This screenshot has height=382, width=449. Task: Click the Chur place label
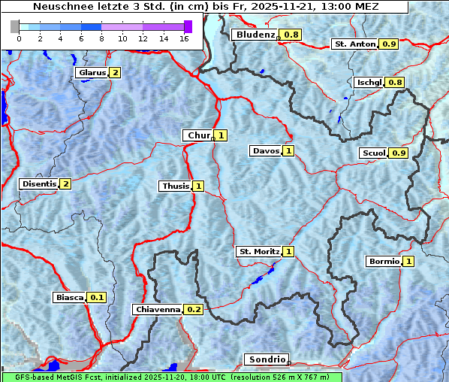(x=198, y=135)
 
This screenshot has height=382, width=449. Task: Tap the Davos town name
(x=266, y=151)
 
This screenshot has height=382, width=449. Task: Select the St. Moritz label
(x=258, y=251)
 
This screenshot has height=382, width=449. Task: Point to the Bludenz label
(x=255, y=35)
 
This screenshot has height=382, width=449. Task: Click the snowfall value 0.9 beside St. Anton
(x=389, y=44)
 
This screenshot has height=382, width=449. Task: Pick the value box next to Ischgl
(x=395, y=82)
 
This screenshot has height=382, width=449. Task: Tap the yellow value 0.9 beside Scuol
(x=399, y=153)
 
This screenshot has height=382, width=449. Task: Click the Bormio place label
(x=383, y=262)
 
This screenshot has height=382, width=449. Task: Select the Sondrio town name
(x=266, y=359)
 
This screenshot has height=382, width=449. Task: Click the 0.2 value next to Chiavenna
(x=194, y=309)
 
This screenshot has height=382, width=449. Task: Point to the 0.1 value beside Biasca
(x=97, y=298)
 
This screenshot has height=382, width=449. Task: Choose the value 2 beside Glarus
(x=114, y=73)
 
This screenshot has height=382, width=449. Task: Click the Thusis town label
(x=176, y=186)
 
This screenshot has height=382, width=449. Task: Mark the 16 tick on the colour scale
(x=184, y=38)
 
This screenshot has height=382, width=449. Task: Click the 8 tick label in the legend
(x=101, y=38)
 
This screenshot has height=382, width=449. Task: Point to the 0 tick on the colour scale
(x=19, y=38)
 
